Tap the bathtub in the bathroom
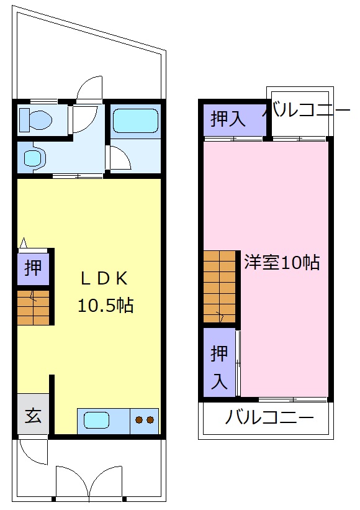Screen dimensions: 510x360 point(135,120)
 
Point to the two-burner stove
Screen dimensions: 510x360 point(144,421)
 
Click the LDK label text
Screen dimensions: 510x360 point(104,278)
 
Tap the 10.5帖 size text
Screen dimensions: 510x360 point(105,305)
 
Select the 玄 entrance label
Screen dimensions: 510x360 point(33,414)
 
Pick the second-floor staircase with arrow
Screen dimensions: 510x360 point(220,286)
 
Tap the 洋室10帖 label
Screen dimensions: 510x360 point(281,262)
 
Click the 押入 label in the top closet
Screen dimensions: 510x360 point(228,119)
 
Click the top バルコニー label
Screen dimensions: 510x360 point(307,111)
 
